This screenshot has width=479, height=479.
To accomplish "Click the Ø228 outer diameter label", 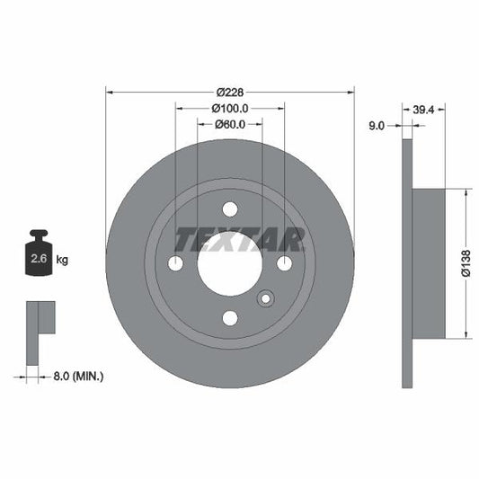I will tap(230, 92).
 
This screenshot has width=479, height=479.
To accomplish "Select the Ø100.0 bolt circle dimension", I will tap(230, 108).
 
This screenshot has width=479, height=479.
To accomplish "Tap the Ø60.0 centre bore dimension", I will tap(230, 124).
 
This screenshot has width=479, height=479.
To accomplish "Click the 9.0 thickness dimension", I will tap(377, 127).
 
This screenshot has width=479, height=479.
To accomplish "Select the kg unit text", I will tap(63, 260).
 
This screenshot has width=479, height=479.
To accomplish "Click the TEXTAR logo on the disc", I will tap(239, 240).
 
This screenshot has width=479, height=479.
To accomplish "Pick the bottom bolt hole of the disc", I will tap(230, 318).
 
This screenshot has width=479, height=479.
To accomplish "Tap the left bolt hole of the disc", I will tap(175, 263).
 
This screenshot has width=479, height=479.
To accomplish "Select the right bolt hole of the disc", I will tap(285, 263).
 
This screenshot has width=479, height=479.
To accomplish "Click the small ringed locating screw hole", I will tap(266, 299).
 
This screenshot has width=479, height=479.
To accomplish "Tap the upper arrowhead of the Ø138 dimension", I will tap(466, 193).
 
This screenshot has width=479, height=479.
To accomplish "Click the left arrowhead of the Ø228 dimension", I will tap(110, 91).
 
